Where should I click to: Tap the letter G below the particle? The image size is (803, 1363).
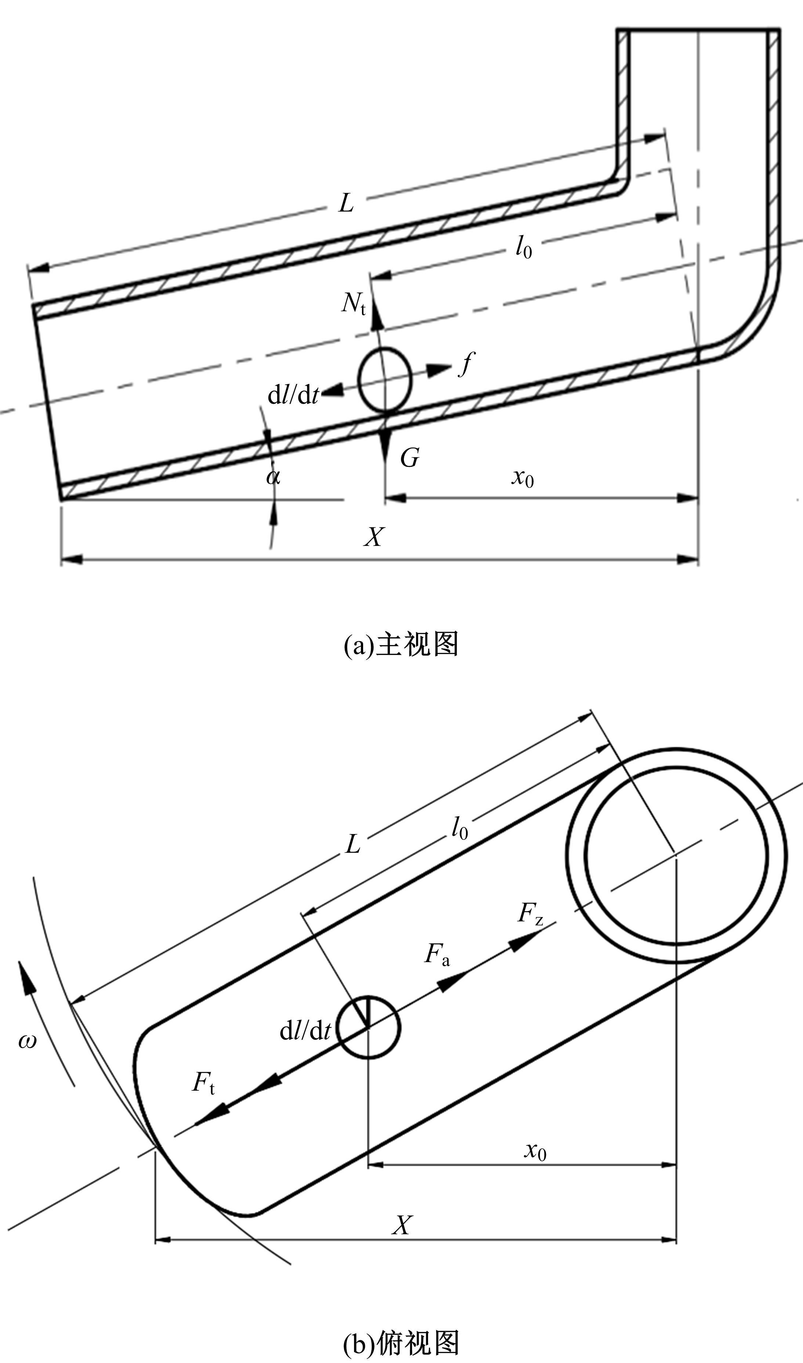(x=410, y=458)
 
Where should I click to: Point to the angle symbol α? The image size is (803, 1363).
(x=273, y=477)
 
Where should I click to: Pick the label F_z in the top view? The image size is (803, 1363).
(x=530, y=914)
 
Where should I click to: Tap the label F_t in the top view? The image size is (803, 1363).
(x=203, y=1083)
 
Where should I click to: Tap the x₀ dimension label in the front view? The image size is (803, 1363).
(x=523, y=478)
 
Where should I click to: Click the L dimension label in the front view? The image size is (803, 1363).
(x=346, y=204)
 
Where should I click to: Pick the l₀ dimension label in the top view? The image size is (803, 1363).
(x=459, y=828)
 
